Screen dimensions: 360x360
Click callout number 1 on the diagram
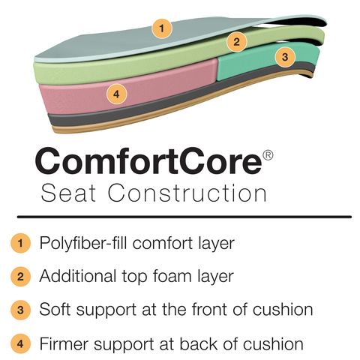click(162, 28)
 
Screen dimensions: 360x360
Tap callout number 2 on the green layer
click(236, 42)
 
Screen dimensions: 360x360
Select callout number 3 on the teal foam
click(285, 57)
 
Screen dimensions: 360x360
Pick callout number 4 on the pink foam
click(116, 94)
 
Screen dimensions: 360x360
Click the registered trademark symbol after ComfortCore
click(268, 155)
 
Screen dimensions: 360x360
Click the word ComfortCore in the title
click(148, 160)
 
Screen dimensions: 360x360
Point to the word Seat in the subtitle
click(68, 193)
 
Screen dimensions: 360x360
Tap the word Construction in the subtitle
click(187, 193)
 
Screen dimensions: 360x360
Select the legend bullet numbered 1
click(20, 243)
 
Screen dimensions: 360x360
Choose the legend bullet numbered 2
click(20, 277)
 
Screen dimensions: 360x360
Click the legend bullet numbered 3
click(20, 310)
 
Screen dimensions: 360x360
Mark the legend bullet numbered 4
click(20, 343)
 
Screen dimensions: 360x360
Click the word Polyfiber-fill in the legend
click(83, 243)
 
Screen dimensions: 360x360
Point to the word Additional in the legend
click(78, 276)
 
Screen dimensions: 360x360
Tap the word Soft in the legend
click(55, 309)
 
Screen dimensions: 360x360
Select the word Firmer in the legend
click(64, 344)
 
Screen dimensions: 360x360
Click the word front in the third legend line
click(209, 309)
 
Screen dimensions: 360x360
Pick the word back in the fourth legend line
click(199, 344)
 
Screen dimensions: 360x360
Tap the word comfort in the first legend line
click(163, 243)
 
